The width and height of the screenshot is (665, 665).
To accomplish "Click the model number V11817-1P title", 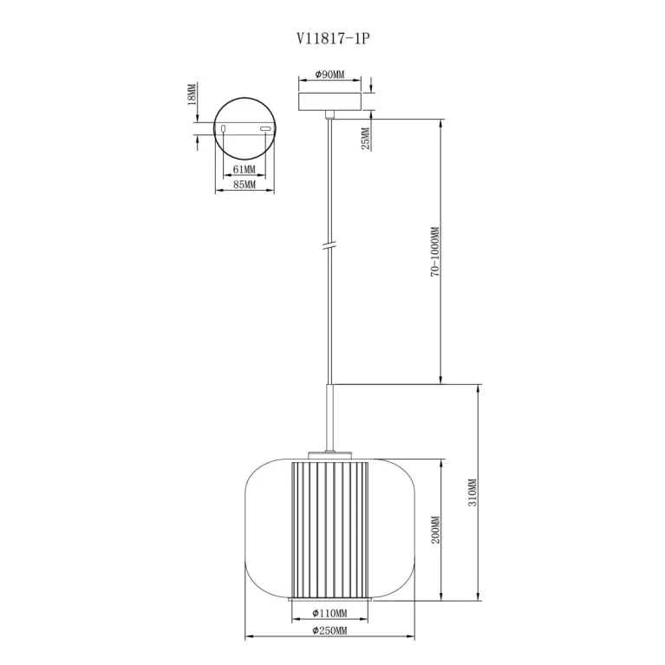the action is pos(333,39).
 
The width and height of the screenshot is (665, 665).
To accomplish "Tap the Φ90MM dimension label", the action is pos(330,75).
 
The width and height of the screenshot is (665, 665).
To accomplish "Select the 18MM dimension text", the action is pos(192,95).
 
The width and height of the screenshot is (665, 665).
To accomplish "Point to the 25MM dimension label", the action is pos(366,138).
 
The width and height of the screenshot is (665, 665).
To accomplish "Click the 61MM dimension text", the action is pos(244,170).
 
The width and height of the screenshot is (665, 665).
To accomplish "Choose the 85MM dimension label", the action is pos(244,185).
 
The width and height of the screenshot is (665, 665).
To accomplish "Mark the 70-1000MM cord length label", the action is pos(435,252).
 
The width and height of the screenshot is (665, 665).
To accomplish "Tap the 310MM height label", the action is pos(473,492).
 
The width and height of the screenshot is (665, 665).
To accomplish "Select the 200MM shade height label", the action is pos(435,530).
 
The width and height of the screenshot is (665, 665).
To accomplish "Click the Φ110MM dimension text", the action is pos(329,613).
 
